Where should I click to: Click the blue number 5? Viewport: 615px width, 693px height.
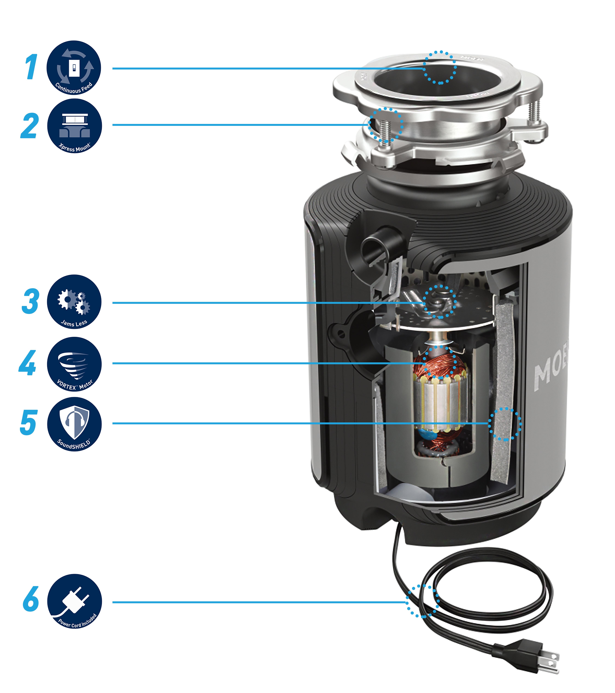28,422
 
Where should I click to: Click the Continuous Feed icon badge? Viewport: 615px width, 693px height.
74,68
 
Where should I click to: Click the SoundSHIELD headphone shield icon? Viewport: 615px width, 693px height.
74,424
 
